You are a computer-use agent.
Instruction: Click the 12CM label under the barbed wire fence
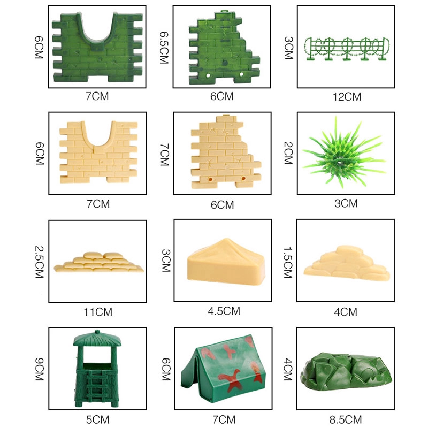click(x=347, y=97)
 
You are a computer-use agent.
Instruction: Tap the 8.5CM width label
click(x=346, y=419)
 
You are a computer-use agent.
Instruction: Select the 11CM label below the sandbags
click(x=98, y=312)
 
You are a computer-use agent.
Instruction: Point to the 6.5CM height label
click(x=164, y=48)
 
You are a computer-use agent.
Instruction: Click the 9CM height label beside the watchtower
click(x=39, y=369)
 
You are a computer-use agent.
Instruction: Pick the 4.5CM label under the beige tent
click(x=224, y=311)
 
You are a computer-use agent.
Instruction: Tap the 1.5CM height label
click(x=288, y=262)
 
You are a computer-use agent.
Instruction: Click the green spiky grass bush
click(x=343, y=153)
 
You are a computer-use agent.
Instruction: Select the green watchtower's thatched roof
click(x=97, y=339)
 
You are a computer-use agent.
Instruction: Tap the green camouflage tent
click(x=223, y=369)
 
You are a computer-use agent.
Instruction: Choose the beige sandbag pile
click(x=98, y=262)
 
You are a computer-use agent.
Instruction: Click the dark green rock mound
click(x=346, y=370)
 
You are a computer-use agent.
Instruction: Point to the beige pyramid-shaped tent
click(x=226, y=262)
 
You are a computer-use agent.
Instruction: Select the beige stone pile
click(x=347, y=263)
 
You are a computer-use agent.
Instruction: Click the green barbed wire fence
click(x=347, y=49)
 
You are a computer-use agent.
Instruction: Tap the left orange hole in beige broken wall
click(x=210, y=179)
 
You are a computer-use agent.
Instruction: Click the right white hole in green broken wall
click(x=241, y=74)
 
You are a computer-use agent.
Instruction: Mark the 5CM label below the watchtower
click(x=97, y=419)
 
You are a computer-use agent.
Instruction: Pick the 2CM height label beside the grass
click(x=288, y=153)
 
